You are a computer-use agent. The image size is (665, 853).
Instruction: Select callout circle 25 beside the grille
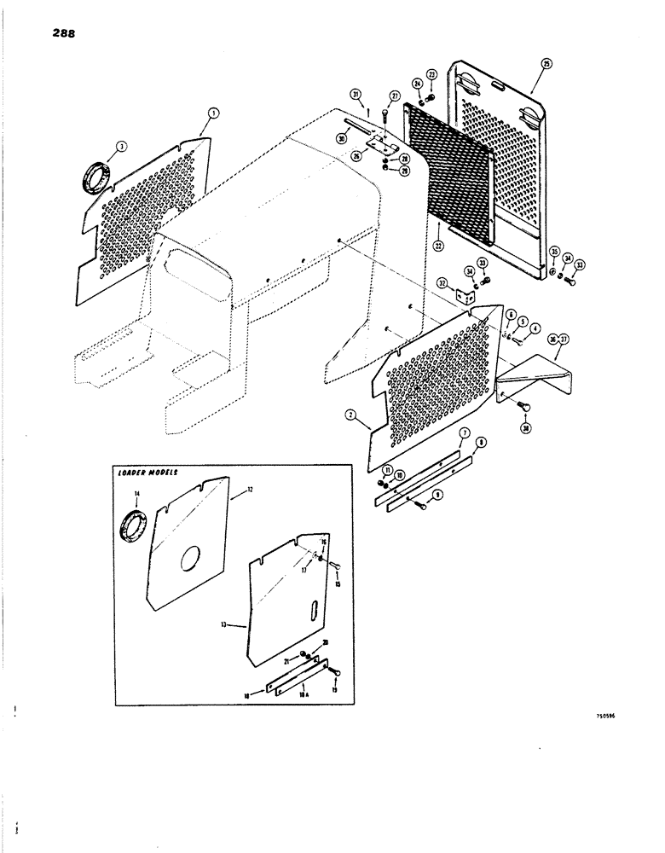pyautogui.click(x=546, y=63)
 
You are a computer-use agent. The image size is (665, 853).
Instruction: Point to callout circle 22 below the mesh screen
pyautogui.click(x=439, y=247)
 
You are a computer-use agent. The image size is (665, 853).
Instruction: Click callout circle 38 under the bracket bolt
pyautogui.click(x=525, y=428)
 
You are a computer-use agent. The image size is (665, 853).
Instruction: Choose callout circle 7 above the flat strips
pyautogui.click(x=464, y=433)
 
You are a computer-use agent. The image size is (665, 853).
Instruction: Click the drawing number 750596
pyautogui.click(x=601, y=717)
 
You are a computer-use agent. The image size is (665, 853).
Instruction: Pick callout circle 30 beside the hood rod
pyautogui.click(x=341, y=138)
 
